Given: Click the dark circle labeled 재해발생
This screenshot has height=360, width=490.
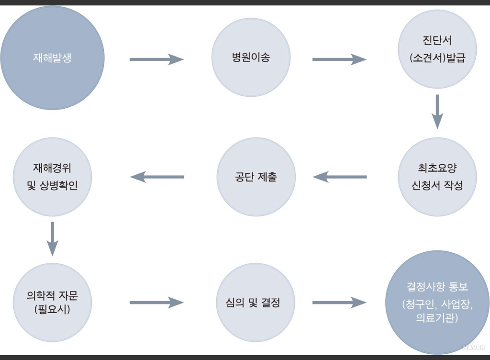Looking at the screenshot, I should [52, 58].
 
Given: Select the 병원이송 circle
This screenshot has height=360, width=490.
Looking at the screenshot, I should [251, 57].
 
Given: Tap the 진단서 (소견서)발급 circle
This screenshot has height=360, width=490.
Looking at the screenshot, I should [437, 49].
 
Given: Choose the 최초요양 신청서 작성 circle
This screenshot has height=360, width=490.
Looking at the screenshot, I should [437, 177].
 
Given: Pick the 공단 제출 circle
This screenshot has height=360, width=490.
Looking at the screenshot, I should [256, 177].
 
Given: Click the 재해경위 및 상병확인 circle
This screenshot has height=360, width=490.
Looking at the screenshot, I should [52, 177].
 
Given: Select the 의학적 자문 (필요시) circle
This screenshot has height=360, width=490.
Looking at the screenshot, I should [52, 303].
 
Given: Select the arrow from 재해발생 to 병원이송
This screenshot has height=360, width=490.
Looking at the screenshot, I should [156, 59].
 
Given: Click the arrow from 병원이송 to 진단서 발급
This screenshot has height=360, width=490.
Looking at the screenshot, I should [339, 59].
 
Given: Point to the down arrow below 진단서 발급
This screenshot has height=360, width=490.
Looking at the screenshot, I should [437, 112].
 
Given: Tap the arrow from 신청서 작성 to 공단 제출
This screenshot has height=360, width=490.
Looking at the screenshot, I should [340, 177].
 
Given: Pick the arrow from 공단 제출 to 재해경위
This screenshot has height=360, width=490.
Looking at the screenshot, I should [157, 177].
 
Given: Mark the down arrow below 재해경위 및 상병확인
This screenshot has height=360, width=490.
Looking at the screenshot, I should [52, 238].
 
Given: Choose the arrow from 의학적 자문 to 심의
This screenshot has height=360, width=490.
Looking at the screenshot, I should [156, 303].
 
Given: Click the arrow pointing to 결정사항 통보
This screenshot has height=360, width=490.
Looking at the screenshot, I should [339, 303].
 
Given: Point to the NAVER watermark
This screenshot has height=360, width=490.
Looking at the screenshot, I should [474, 347].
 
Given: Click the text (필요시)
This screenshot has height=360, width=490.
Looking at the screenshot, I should [52, 310].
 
